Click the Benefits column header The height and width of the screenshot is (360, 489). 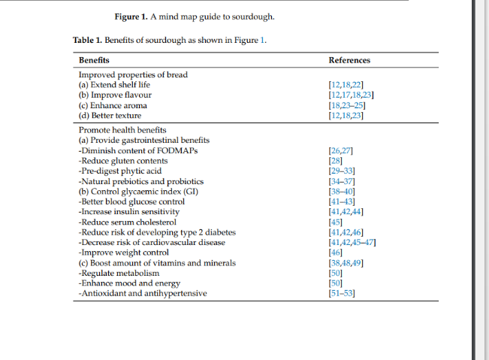[94, 60]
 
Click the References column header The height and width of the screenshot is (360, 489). [349, 60]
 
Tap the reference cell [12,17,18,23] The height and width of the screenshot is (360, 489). [352, 95]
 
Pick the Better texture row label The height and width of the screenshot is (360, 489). [110, 116]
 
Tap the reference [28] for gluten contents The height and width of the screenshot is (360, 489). [336, 161]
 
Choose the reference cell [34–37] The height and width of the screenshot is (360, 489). [342, 182]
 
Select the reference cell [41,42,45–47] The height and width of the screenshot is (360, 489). [352, 243]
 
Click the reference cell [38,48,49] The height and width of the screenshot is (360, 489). [346, 263]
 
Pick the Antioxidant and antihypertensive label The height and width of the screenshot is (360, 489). [143, 294]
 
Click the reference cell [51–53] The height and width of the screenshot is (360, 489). [342, 294]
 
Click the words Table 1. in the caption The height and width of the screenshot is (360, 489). [87, 40]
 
